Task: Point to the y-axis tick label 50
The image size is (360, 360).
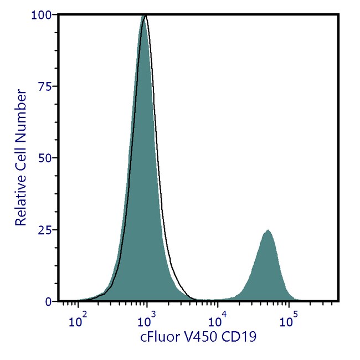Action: point(45,158)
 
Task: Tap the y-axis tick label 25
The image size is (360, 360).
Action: point(45,229)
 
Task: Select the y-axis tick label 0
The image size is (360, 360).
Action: point(49,301)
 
